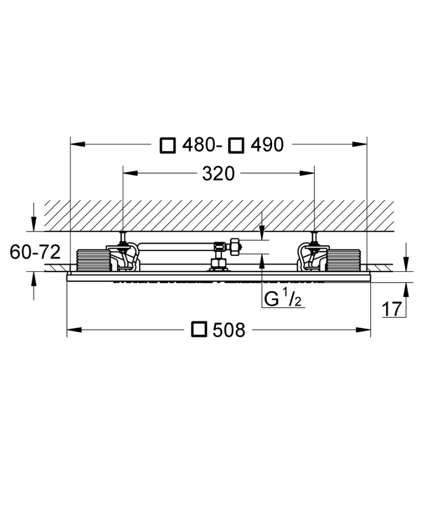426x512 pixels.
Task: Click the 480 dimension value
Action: point(198,145)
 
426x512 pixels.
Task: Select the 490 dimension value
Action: point(267,145)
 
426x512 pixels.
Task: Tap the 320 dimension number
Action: point(218,174)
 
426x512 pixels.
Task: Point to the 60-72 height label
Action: point(35,252)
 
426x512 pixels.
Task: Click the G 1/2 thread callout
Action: point(283,299)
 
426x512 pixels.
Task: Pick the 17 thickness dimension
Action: point(392,309)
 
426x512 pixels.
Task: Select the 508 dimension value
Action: point(229,330)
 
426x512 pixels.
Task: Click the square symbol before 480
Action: point(168,145)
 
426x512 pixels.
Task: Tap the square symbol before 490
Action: point(236,145)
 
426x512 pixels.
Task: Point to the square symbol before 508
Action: point(199,329)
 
